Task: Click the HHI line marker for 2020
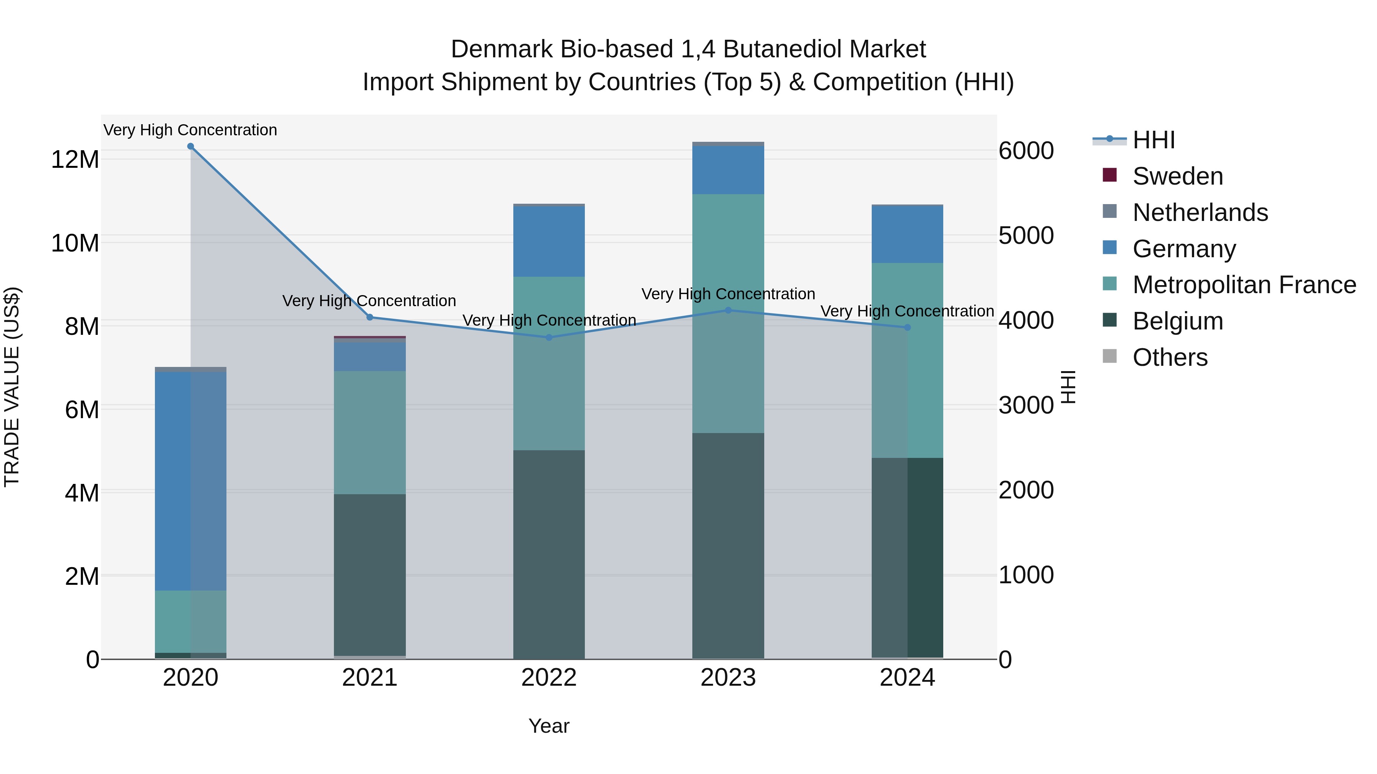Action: (190, 146)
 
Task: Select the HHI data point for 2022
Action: (549, 338)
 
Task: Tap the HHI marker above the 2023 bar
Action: (728, 310)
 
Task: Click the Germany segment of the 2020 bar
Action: (190, 481)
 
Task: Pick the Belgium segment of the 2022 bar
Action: (549, 555)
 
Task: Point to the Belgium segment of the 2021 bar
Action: (369, 574)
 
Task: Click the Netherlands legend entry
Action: (1200, 213)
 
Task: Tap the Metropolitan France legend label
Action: (1244, 285)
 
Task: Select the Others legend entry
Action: (1170, 357)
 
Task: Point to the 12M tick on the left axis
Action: (75, 159)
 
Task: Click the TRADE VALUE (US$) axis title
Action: (12, 387)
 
